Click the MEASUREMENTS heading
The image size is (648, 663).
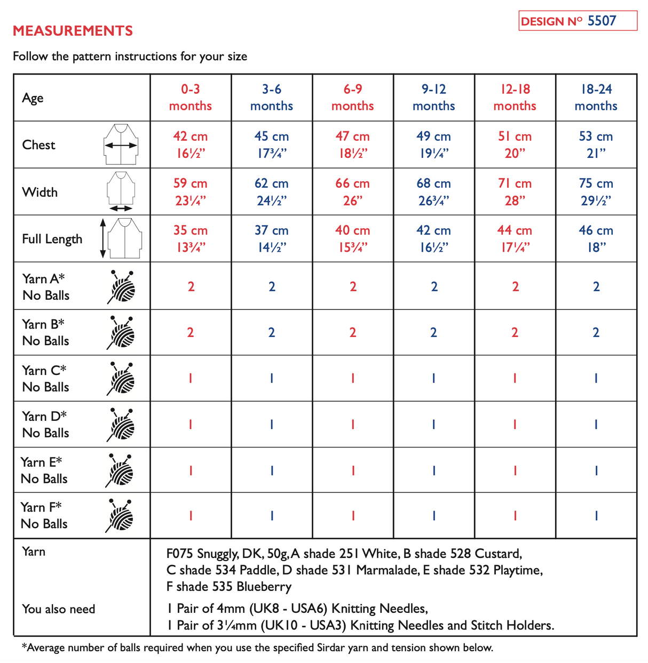(x=73, y=31)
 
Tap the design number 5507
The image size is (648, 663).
(x=602, y=21)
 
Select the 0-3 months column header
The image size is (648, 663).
(x=191, y=98)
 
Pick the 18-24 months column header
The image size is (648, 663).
(x=596, y=98)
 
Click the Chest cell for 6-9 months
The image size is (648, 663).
(x=352, y=145)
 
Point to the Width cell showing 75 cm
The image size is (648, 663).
(x=596, y=191)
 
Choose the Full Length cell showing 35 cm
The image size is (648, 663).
(x=191, y=238)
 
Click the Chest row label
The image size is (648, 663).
(x=39, y=145)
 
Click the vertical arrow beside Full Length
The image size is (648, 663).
(x=103, y=238)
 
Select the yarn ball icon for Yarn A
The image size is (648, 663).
(x=122, y=286)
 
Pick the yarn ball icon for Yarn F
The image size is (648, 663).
(x=120, y=516)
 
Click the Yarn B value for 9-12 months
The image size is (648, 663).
(x=433, y=333)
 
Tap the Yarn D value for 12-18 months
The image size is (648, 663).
(x=515, y=425)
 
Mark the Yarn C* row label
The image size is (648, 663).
(x=45, y=379)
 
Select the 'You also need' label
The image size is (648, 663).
(x=59, y=609)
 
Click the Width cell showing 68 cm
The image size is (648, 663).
(x=433, y=191)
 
